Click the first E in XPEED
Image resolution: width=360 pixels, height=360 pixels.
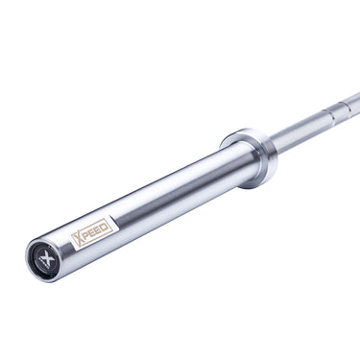pyautogui.click(x=94, y=232)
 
